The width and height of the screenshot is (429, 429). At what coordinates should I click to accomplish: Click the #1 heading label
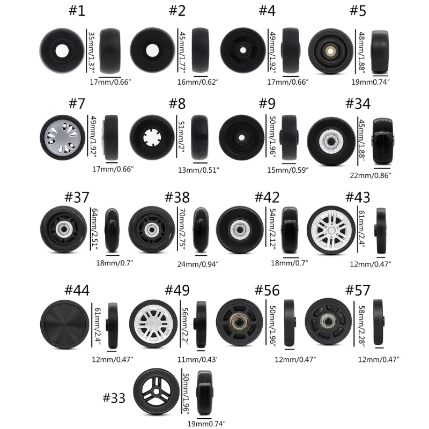click(x=77, y=11)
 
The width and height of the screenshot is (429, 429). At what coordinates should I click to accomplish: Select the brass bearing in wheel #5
click(x=330, y=51)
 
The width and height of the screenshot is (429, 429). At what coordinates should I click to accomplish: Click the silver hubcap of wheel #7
click(x=63, y=137)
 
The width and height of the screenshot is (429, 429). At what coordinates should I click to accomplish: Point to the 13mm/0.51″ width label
click(x=198, y=170)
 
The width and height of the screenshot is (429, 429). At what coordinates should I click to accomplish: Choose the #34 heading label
click(x=358, y=103)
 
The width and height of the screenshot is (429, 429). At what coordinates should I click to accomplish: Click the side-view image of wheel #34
click(x=382, y=141)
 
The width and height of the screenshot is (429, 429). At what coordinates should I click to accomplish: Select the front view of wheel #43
click(x=331, y=230)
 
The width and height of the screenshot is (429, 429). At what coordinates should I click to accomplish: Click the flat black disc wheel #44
click(x=64, y=324)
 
